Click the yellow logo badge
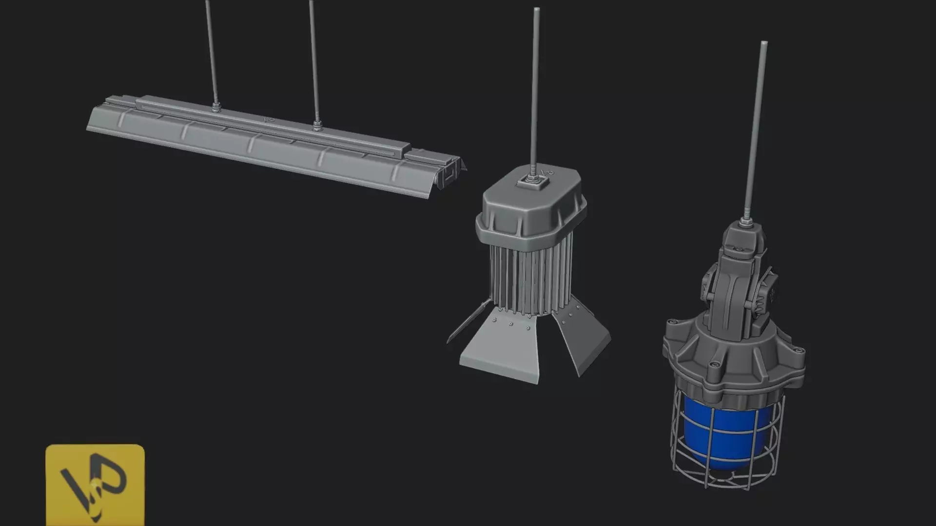coord(95,485)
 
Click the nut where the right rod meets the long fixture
coord(317,128)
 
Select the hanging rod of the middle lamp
coord(535,88)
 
